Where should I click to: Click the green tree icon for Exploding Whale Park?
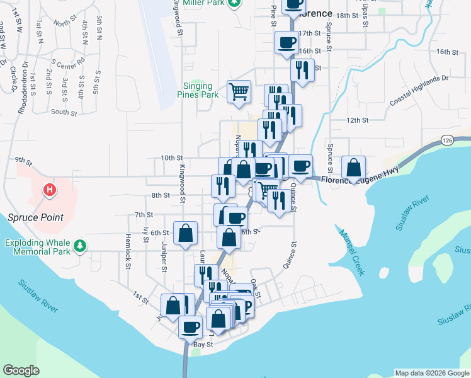coord(79,246)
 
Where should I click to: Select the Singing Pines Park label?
coord(200,90)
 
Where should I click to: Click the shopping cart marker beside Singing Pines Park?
coord(239,91)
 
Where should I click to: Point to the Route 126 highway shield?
coord(447,139)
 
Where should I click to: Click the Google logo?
coord(21,370)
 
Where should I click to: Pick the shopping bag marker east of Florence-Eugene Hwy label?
coord(354,168)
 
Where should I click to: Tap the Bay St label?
coord(203,345)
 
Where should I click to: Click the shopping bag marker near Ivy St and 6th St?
coord(185,233)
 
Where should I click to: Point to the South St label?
coord(64,112)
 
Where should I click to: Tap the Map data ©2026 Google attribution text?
coord(432,373)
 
